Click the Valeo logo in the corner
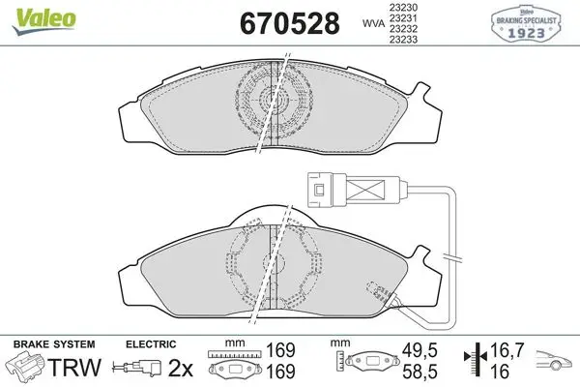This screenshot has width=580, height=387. click(x=43, y=21)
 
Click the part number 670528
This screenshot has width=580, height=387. click(x=290, y=23)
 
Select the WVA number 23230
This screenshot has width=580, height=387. click(x=403, y=8)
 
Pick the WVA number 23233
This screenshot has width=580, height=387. click(x=403, y=40)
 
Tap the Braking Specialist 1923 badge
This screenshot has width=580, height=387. click(x=526, y=23)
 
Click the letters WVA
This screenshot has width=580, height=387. click(x=373, y=23)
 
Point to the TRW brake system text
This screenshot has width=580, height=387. click(x=74, y=367)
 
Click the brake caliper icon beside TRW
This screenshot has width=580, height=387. click(x=24, y=366)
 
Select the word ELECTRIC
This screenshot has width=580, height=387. click(x=151, y=344)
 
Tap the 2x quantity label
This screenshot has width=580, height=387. click(x=181, y=368)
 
